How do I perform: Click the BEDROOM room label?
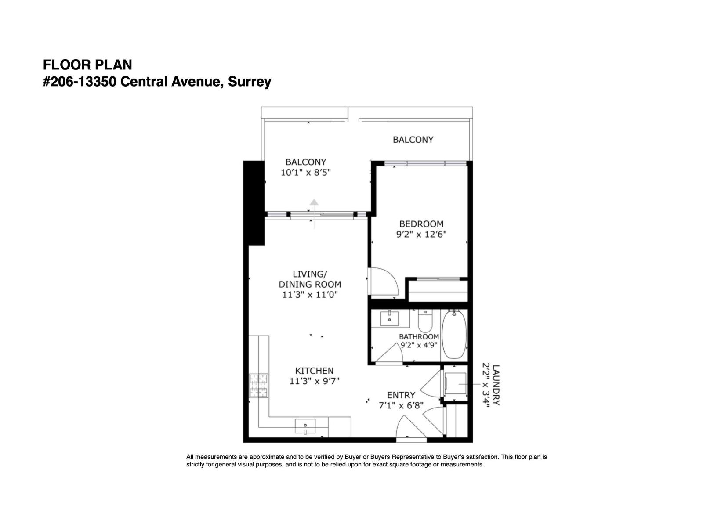coord(421,224)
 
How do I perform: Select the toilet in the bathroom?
coord(425,321)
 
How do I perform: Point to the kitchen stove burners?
coord(259,386)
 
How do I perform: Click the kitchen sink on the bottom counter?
coord(305,426)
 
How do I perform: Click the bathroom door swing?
coord(388,354)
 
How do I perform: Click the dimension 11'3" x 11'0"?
coord(310,295)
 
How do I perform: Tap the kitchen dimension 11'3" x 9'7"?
coord(314,381)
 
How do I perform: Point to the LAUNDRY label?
coord(496,385)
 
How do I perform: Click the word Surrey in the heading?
coord(250,82)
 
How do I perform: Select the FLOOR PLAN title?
coord(87,65)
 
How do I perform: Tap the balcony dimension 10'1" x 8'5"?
coord(305,173)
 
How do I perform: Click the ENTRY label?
coord(401,395)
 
